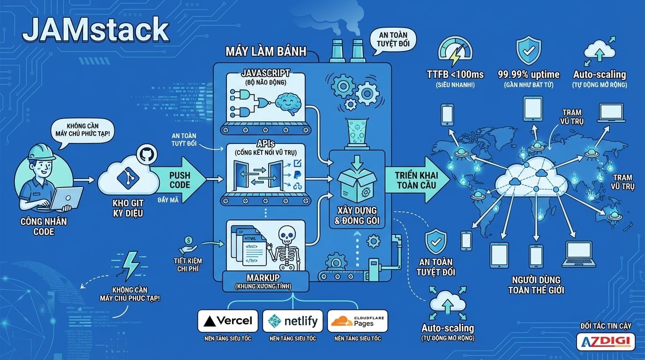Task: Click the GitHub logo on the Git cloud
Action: click(x=144, y=154)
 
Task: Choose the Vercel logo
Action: click(x=228, y=321)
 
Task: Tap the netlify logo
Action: click(x=292, y=321)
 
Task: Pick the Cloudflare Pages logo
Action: click(x=358, y=321)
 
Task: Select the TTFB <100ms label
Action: click(x=455, y=75)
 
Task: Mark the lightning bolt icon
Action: click(x=129, y=266)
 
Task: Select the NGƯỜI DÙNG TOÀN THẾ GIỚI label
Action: click(x=536, y=285)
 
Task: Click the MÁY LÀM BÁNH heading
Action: click(x=265, y=51)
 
